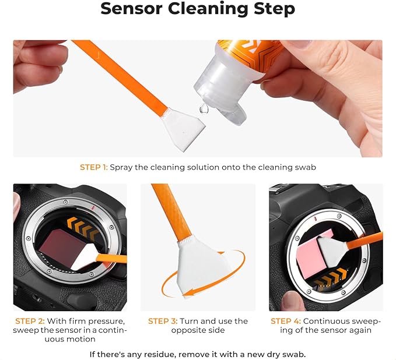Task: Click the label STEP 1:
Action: coord(93,167)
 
